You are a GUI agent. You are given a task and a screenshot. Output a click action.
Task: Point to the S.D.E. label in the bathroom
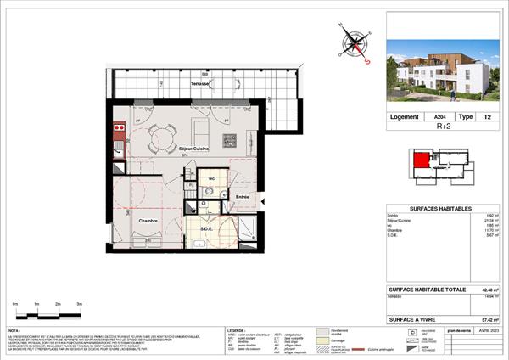click(x=207, y=229)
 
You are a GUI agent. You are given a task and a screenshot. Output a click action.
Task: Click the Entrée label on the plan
click(x=243, y=197)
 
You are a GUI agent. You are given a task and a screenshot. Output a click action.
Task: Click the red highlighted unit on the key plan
click(x=420, y=159)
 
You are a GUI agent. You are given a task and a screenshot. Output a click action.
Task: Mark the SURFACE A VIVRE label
click(x=418, y=319)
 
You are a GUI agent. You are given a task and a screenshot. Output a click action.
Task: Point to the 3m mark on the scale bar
click(x=79, y=303)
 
